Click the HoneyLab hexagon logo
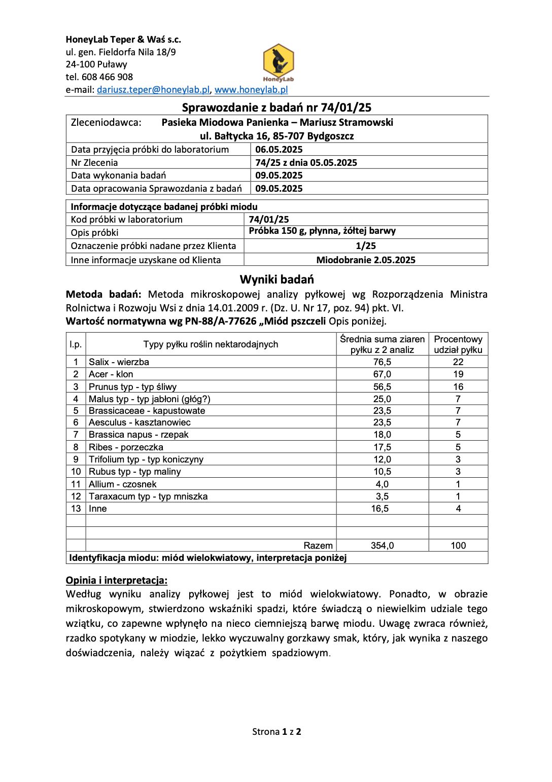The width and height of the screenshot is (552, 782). [x=279, y=62]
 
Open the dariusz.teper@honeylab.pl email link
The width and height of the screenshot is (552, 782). [x=153, y=90]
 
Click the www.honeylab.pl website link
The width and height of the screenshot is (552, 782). [x=251, y=90]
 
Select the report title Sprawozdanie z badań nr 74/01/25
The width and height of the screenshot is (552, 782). [x=277, y=108]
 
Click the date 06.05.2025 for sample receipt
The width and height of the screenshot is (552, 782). [x=279, y=150]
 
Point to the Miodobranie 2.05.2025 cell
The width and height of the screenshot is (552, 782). [x=366, y=260]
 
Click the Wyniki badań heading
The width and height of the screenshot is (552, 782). [x=277, y=279]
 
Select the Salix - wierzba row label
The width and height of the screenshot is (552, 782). [x=119, y=362]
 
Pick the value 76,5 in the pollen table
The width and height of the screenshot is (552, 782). [x=382, y=362]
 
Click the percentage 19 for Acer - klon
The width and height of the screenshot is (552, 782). [x=458, y=374]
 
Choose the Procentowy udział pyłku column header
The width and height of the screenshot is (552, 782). [x=458, y=344]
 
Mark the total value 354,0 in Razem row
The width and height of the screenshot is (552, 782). [x=382, y=546]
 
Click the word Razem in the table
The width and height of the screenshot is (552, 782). [x=318, y=546]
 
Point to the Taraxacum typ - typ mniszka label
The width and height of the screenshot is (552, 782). [x=148, y=496]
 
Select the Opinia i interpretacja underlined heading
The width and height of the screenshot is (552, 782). [x=117, y=581]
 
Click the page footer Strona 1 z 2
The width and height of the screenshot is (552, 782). [x=277, y=732]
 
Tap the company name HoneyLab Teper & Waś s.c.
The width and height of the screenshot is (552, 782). [x=123, y=40]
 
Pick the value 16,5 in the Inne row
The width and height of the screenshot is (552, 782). [x=380, y=509]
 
